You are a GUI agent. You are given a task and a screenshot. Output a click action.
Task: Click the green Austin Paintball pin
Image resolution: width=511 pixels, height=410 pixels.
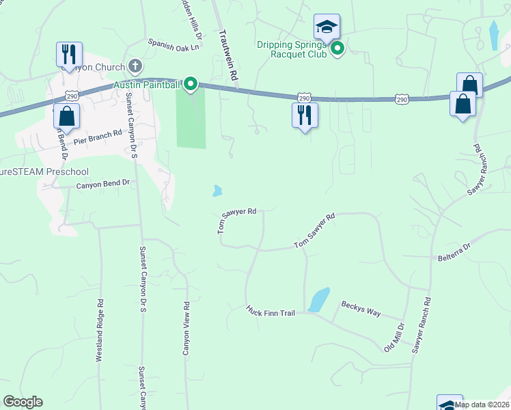click(x=191, y=85)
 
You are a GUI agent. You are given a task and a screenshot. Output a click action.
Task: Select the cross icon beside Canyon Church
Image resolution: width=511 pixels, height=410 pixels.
click(x=135, y=66)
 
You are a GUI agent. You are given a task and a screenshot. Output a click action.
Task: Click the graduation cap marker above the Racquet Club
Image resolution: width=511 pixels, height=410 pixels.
click(x=327, y=28)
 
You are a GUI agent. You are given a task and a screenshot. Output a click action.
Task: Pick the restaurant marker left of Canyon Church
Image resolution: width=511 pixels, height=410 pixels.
click(x=69, y=55)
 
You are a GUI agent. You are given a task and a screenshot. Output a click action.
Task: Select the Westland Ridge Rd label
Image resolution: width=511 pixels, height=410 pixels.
click(x=100, y=330)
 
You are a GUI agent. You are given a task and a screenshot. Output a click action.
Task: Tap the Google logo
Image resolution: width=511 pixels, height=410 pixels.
click(x=23, y=402)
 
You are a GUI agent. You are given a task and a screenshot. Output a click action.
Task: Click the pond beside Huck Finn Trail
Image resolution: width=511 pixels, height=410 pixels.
click(x=318, y=300)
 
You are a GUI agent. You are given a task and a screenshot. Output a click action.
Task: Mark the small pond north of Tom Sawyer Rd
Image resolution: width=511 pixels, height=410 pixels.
click(x=217, y=191)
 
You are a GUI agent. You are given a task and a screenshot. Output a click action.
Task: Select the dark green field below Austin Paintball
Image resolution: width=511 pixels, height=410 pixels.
click(x=191, y=120)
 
